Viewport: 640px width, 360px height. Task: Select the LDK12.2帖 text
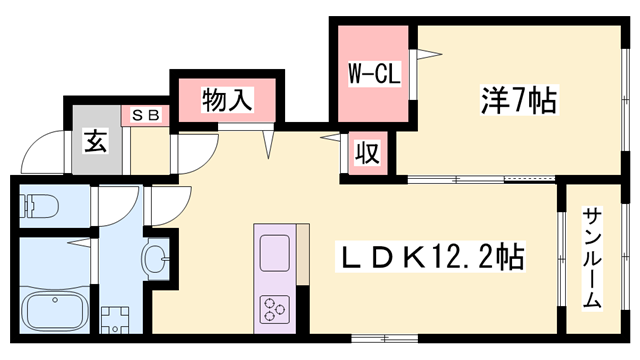tap(430, 257)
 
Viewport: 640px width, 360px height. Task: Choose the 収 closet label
tap(368, 153)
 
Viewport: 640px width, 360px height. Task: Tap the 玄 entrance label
tap(94, 140)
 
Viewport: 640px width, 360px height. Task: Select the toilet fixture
tap(40, 206)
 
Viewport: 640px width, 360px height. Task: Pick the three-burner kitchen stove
tap(273, 308)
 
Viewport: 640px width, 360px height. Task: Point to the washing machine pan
tap(117, 318)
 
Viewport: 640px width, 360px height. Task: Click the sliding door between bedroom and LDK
tap(480, 179)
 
